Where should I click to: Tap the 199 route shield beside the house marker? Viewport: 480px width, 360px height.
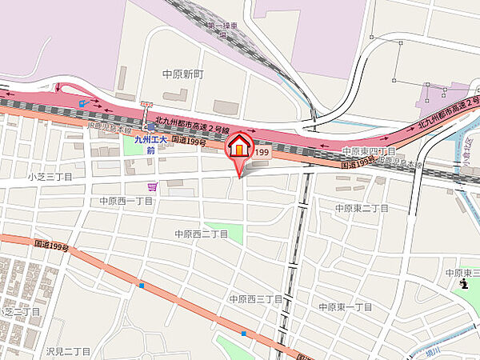coord(262,152)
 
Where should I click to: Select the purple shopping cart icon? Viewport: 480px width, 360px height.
coord(152,186)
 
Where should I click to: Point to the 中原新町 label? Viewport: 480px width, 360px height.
coord(184,74)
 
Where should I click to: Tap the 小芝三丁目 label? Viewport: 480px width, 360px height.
coord(50,177)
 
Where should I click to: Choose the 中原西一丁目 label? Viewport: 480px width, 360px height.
coord(126,200)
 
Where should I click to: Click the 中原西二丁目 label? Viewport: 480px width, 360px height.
coord(202,234)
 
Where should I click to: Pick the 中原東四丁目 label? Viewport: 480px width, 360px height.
coord(370,151)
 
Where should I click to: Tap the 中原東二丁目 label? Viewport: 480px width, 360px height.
coord(362,208)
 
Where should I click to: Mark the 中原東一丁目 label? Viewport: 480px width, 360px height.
coord(346,307)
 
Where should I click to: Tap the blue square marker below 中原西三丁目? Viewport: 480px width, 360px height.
coord(243,333)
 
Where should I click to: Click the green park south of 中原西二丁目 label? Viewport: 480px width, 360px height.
coord(223,234)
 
